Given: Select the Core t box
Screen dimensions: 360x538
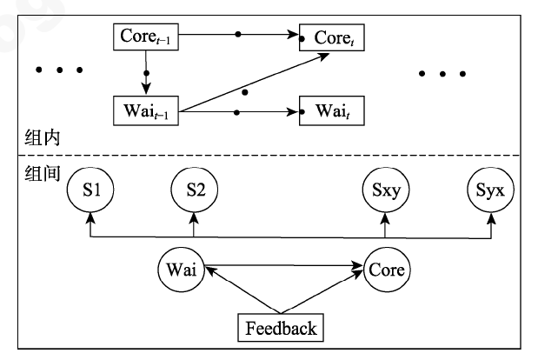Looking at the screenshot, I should click(x=331, y=38).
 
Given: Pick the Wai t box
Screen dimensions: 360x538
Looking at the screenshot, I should click(x=331, y=112).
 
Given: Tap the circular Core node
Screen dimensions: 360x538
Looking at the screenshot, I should click(x=387, y=270).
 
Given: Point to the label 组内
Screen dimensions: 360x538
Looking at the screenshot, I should click(x=38, y=137).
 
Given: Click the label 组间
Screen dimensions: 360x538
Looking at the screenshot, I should click(x=38, y=172).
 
